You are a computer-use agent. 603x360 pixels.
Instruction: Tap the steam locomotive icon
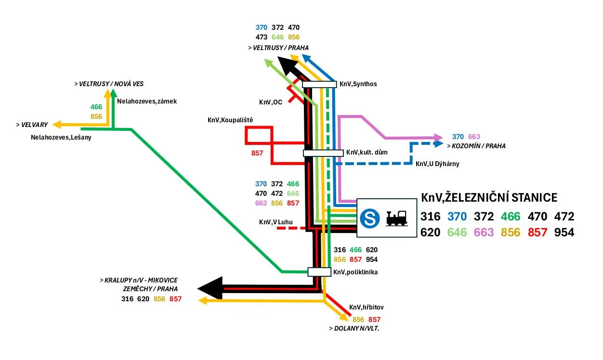(x=397, y=218)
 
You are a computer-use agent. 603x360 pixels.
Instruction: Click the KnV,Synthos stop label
(x=358, y=84)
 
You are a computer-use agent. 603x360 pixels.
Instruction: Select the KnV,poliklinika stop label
(x=355, y=272)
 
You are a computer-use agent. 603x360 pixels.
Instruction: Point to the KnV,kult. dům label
(x=367, y=153)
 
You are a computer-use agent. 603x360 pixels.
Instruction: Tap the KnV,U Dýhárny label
(x=437, y=164)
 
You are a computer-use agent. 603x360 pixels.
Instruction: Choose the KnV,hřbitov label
(x=366, y=307)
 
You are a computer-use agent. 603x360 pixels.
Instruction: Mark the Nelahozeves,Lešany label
(x=61, y=137)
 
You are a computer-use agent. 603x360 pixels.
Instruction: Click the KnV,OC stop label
(x=271, y=102)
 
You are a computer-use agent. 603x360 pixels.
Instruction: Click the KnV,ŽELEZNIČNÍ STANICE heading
(x=489, y=198)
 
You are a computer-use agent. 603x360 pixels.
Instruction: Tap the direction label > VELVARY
(x=32, y=125)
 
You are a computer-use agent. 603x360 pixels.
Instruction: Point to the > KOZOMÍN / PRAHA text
(x=476, y=146)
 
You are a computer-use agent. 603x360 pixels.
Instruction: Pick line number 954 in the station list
(x=564, y=232)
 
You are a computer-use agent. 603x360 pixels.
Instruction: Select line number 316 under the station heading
(x=431, y=216)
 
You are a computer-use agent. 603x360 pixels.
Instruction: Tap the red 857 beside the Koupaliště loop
(x=258, y=154)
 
